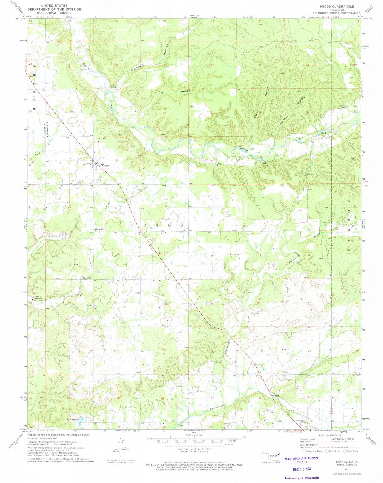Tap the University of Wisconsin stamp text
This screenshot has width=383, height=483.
pyautogui.click(x=302, y=478)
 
